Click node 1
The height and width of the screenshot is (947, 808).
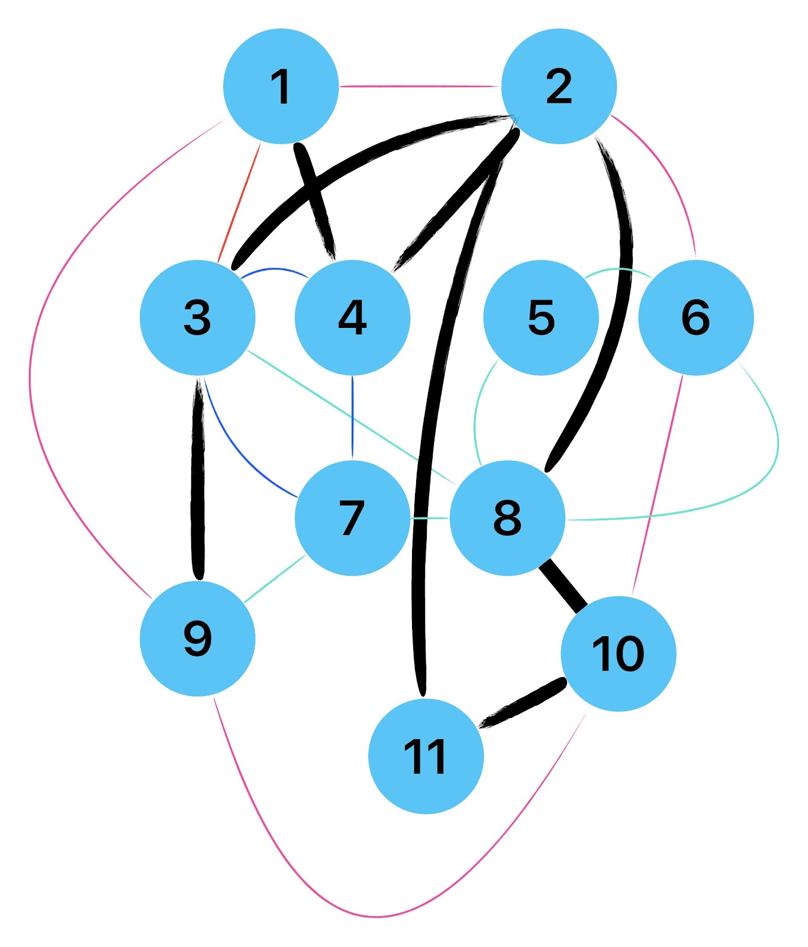281,86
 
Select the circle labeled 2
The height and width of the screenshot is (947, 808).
559,86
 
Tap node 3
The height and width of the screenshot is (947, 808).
198,317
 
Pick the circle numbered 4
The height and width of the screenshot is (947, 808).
352,317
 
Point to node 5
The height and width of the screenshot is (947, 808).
541,317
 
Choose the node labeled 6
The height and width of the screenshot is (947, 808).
696,317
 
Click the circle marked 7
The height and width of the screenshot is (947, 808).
352,518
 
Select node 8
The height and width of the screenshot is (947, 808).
507,518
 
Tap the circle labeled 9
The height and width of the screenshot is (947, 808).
198,639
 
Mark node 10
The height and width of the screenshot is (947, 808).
618,653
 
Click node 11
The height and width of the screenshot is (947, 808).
426,756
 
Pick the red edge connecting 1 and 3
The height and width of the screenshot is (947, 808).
240,201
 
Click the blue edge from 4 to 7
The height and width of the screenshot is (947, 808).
352,417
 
